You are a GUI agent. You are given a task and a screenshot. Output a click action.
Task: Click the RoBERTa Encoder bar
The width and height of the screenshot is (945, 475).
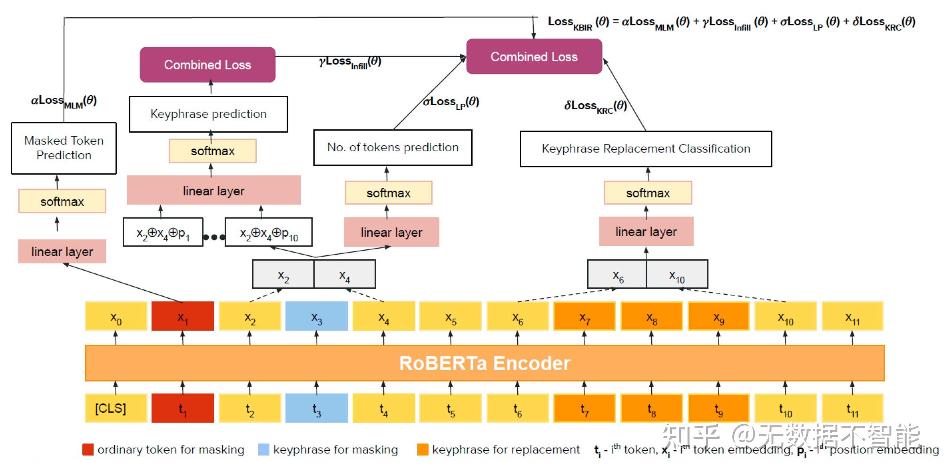(484, 363)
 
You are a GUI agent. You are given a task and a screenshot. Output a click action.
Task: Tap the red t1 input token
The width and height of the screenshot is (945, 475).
(182, 408)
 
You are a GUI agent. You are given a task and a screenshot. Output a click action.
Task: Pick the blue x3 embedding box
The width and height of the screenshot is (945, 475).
(316, 316)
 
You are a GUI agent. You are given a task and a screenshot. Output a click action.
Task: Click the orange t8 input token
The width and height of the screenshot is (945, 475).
(651, 408)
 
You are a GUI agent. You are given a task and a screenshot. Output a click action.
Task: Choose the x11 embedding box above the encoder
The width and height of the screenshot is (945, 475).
(852, 316)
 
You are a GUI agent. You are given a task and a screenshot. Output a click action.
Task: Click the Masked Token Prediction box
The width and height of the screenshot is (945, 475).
(64, 148)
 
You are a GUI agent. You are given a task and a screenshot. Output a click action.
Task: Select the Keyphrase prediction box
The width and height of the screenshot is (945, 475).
(208, 114)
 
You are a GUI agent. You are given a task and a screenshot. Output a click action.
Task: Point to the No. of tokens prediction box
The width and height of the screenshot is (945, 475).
(393, 147)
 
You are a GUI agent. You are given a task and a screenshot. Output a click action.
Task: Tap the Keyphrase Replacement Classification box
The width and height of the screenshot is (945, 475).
(646, 149)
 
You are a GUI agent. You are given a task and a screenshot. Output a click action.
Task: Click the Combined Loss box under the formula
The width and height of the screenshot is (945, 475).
(534, 56)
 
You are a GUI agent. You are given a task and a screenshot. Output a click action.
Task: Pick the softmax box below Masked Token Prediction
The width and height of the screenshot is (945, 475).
(62, 201)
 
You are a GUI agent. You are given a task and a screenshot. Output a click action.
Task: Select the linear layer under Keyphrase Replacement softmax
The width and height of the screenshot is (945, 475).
(646, 231)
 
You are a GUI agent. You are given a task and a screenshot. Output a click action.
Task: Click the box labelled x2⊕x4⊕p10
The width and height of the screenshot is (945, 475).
(269, 232)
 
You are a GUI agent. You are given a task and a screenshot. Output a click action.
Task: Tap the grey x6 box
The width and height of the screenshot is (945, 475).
(617, 274)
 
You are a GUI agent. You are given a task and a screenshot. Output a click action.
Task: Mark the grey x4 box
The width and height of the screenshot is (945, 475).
(344, 274)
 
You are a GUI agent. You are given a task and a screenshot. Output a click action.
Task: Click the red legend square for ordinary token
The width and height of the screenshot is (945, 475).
(88, 449)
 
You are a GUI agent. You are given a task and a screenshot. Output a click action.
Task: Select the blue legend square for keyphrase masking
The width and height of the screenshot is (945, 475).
(263, 449)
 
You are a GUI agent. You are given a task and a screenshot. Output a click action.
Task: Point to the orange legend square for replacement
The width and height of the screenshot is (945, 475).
(423, 449)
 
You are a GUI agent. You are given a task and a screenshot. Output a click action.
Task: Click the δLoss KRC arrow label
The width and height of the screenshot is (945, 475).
(595, 106)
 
